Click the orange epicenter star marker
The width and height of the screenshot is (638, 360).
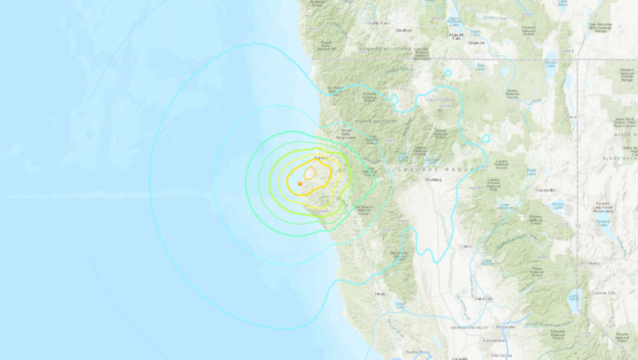(x=300, y=183)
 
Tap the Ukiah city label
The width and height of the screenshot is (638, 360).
(x=379, y=293)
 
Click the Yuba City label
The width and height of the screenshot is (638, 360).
(x=483, y=298)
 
